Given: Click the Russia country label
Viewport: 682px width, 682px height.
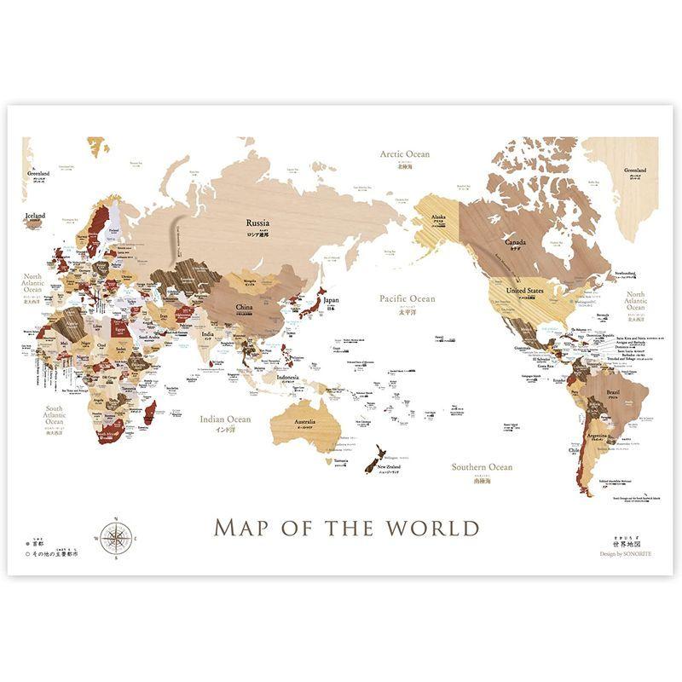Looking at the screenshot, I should [x=257, y=223].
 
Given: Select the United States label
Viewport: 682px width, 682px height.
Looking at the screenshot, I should [x=525, y=291].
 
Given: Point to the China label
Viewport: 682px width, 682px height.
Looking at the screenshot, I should [x=244, y=306].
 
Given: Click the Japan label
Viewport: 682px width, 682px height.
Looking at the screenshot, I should [x=331, y=300].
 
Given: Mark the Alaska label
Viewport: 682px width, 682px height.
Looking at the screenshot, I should [x=439, y=217].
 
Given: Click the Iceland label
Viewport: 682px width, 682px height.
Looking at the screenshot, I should [x=35, y=216].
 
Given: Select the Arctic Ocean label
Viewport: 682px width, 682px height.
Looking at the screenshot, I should [x=405, y=154].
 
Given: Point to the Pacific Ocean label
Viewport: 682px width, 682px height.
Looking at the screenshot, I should [x=407, y=299].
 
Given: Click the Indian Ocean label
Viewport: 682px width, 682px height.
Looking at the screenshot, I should [x=225, y=419].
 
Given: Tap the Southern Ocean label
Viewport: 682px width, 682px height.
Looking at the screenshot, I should [x=482, y=467].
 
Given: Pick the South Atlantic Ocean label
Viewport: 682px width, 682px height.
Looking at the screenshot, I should [x=55, y=415].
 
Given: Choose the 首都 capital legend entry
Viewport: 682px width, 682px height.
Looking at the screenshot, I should [x=39, y=541].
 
